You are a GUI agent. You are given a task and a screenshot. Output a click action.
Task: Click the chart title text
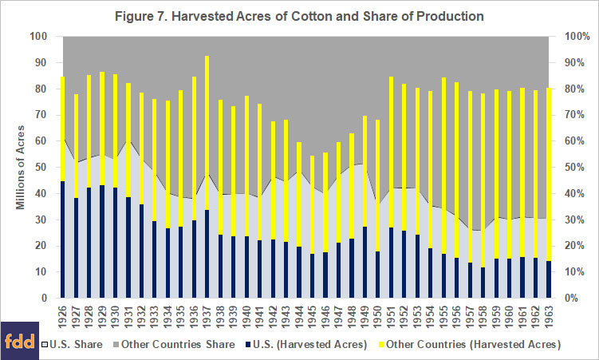coord(299,17)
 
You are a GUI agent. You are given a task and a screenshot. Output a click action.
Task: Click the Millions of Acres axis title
coord(20,168)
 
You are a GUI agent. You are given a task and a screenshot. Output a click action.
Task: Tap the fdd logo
coord(19,341)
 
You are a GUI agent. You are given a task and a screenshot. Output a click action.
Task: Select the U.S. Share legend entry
coord(73,344)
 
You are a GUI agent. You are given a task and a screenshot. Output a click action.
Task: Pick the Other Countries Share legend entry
coord(175,344)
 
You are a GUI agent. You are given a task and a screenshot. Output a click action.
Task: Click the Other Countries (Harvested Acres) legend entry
coord(470,344)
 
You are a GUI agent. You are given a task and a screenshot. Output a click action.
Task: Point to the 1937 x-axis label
coord(207,316)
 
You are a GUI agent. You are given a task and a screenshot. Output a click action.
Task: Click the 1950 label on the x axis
coord(377,316)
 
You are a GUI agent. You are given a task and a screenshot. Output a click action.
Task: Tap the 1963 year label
coord(548,316)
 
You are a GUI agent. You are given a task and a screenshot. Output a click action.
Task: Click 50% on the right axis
coord(575,168)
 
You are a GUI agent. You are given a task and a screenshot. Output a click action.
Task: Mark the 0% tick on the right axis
coord(572,298)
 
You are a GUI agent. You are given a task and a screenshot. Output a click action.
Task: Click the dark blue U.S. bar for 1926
coord(63,239)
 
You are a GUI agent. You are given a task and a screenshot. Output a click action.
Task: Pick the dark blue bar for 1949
coord(365,263)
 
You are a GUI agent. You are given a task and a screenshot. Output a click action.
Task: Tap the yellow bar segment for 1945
coord(312,205)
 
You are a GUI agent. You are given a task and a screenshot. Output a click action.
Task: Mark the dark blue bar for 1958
coord(483,283)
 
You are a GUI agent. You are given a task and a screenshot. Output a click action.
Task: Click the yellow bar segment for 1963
coord(548,175)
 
